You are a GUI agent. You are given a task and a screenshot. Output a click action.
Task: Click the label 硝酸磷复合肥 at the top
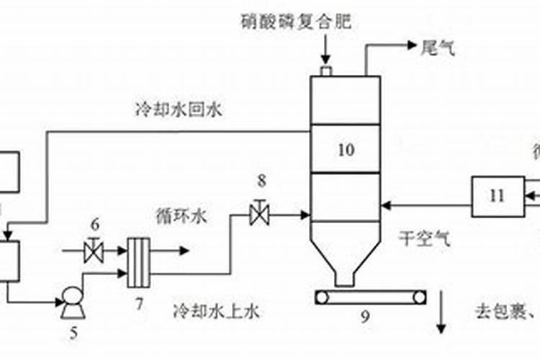(296, 22)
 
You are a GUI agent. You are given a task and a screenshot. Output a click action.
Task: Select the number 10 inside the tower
(346, 150)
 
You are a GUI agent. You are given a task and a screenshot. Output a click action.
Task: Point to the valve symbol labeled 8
(259, 214)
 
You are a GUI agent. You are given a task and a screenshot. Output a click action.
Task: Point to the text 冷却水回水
(180, 110)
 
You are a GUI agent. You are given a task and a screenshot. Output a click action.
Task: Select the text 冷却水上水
(215, 311)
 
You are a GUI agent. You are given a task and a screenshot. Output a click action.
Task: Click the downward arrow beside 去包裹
(441, 317)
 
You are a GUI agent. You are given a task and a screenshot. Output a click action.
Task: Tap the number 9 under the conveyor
(365, 315)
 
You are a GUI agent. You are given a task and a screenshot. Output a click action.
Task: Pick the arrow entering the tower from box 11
(389, 204)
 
